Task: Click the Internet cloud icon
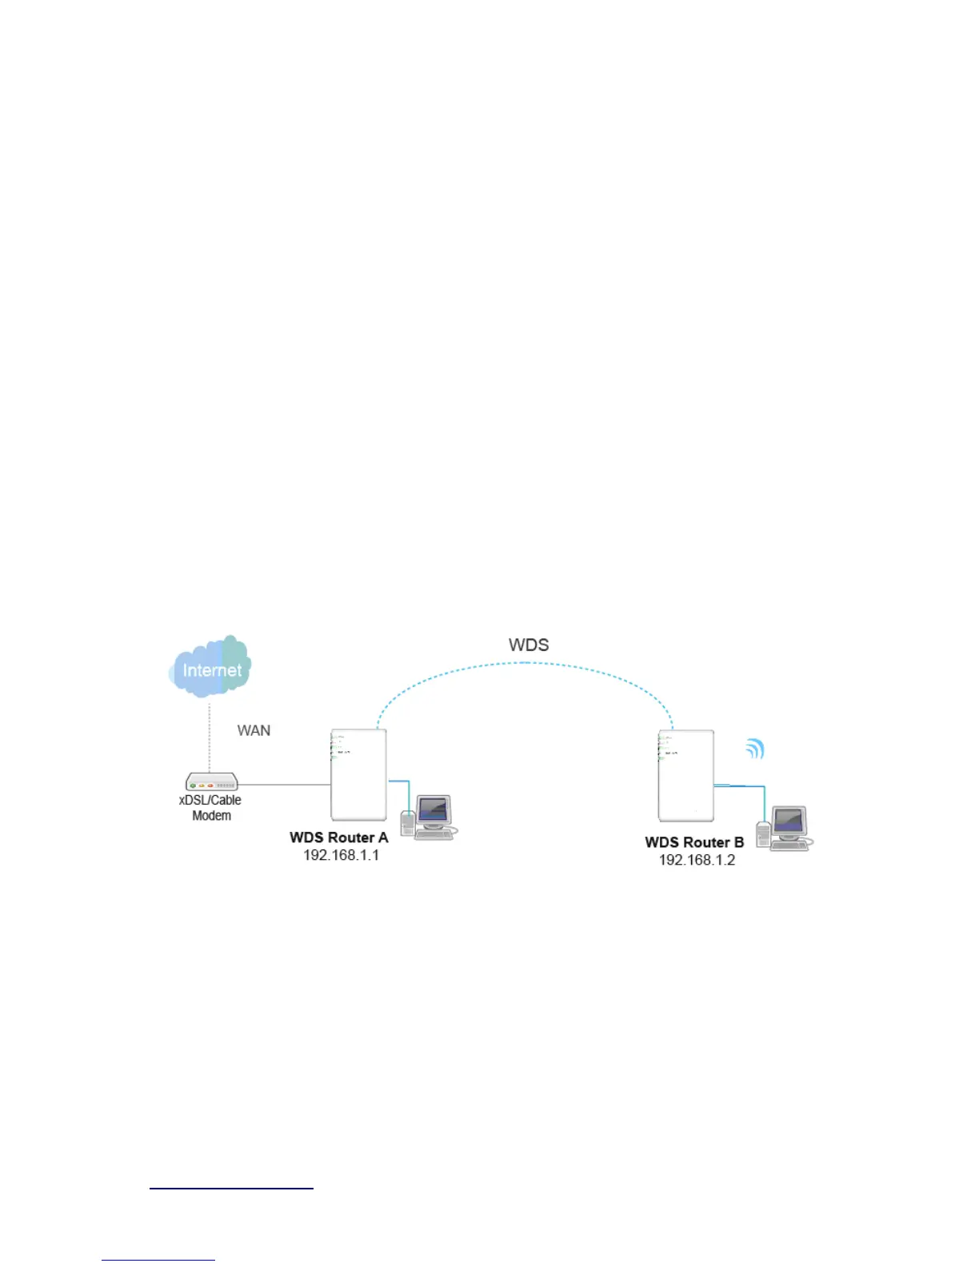211,666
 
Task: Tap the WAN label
254,730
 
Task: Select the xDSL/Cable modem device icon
211,781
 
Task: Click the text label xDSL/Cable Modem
210,808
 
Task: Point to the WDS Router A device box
358,774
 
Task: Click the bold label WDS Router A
338,837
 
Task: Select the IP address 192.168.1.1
341,855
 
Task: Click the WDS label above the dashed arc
529,645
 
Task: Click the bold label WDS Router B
694,842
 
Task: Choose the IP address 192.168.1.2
697,860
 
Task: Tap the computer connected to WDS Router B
786,829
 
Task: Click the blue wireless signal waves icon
755,749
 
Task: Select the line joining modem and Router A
284,785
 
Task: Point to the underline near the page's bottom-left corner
158,1261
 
